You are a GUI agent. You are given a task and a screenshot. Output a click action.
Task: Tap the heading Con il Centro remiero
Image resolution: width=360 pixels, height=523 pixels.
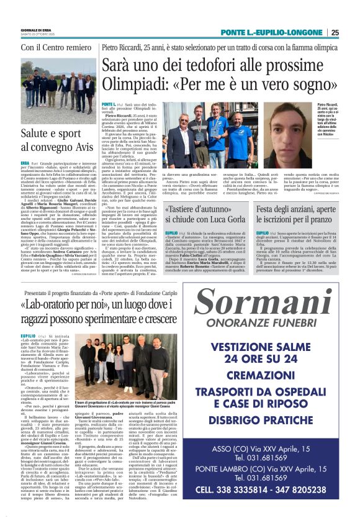click(x=54, y=47)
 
